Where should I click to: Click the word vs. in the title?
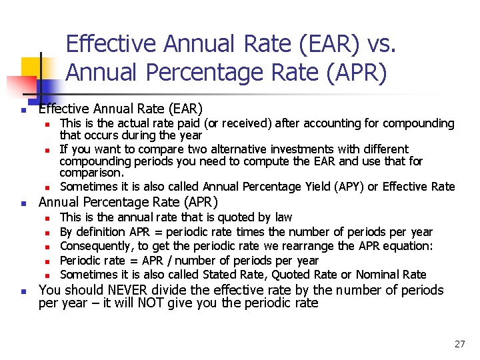(x=381, y=44)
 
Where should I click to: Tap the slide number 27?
(x=459, y=344)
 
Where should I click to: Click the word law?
(x=283, y=217)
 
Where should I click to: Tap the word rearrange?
(x=323, y=246)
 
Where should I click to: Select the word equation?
(x=408, y=246)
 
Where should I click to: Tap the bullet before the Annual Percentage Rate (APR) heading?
(x=23, y=203)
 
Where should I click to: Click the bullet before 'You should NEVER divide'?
(x=23, y=291)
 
